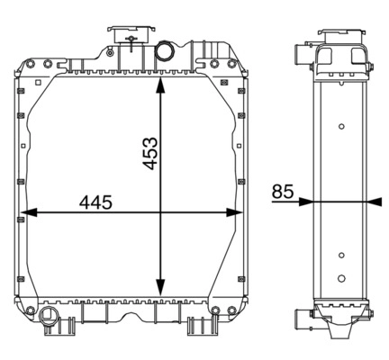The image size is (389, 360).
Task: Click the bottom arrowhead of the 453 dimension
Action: pos(160,283)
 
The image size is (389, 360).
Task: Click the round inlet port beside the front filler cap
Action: pos(164,49)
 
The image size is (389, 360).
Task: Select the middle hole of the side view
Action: pos(341,256)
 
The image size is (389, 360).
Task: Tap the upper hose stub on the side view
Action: pos(298,56)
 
